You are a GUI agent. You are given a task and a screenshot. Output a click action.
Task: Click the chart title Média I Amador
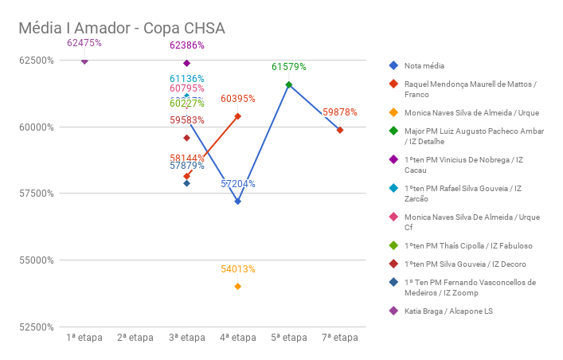click(122, 29)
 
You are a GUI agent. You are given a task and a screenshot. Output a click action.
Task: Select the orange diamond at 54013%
click(238, 286)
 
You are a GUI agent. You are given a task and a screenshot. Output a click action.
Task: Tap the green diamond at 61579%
click(289, 84)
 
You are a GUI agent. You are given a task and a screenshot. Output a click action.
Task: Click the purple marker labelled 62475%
click(84, 61)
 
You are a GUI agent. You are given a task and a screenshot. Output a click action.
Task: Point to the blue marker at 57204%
click(238, 202)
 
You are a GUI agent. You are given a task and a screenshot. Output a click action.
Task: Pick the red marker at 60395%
click(238, 116)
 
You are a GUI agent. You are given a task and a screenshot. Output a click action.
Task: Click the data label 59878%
click(340, 112)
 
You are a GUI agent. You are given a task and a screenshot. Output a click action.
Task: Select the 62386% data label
click(187, 45)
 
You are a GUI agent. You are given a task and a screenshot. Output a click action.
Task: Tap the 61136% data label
click(187, 79)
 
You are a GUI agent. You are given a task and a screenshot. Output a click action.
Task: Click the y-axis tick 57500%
click(37, 193)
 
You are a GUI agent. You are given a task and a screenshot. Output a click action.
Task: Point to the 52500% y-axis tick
click(37, 327)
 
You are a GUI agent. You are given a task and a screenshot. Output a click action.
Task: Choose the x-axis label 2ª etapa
click(135, 338)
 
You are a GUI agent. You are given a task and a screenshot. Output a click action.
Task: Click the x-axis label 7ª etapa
click(340, 338)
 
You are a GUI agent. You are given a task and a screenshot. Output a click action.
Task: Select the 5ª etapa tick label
click(289, 338)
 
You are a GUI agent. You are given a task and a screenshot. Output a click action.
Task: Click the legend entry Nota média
click(424, 65)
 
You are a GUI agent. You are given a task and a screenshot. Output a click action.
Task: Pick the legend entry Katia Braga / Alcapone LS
click(448, 311)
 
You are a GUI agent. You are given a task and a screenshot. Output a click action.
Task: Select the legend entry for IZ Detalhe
click(470, 136)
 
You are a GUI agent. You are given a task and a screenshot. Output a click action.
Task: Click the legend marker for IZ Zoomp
click(393, 282)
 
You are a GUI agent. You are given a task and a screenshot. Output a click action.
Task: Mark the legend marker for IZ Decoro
click(393, 264)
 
